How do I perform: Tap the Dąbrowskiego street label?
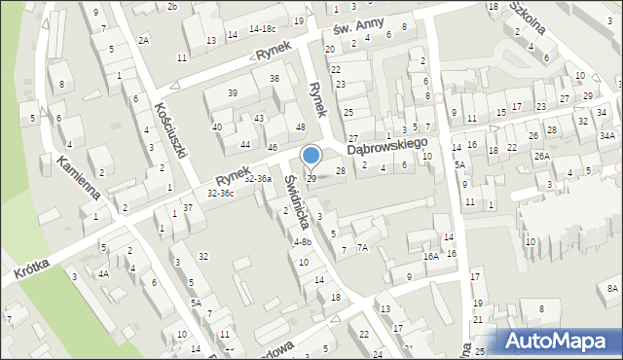pos(388,144)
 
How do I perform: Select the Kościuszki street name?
pos(169,130)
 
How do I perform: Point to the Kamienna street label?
pos(78,178)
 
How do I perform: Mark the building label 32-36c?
pos(220,194)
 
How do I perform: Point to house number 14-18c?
pos(263,30)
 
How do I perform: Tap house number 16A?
pos(430,256)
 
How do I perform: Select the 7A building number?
pos(362,248)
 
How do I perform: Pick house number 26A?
pos(541,156)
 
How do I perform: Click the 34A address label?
pos(607,135)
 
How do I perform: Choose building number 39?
pos(233,92)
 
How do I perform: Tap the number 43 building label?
pos(258,118)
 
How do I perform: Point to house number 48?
pos(301,127)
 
